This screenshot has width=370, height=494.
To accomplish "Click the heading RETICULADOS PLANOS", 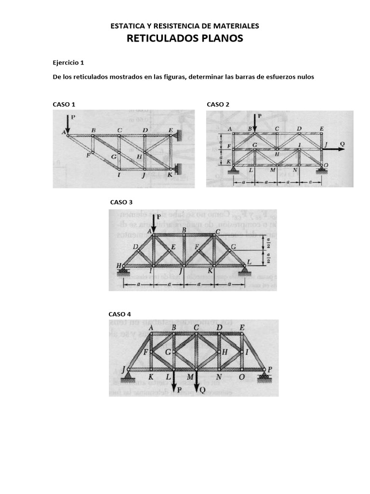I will click(185, 39).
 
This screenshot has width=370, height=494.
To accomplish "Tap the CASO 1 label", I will click(64, 104).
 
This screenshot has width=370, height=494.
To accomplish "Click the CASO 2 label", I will click(218, 104).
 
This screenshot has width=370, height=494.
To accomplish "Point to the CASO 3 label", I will click(121, 202).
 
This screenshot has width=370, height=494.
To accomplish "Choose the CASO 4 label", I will click(119, 314).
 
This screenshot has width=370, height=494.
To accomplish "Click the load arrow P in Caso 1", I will click(67, 124).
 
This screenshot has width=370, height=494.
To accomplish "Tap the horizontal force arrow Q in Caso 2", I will click(336, 150).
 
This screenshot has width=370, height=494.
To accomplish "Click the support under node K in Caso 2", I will click(233, 168).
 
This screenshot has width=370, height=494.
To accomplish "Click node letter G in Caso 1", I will click(113, 156).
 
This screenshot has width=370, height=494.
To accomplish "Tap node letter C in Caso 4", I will click(196, 328).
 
